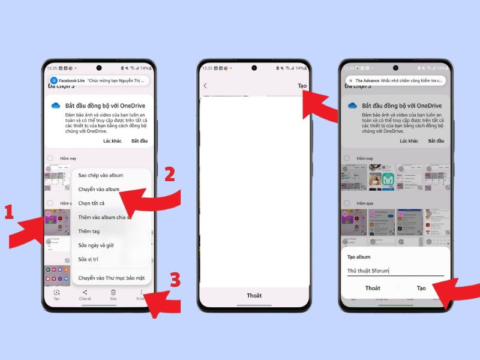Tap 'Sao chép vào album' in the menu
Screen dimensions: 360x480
(x=100, y=175)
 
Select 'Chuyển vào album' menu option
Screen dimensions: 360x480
(x=99, y=189)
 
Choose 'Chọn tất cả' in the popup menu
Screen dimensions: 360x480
(x=91, y=203)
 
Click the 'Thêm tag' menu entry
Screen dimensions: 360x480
(x=89, y=231)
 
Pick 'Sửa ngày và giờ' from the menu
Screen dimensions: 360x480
(x=96, y=245)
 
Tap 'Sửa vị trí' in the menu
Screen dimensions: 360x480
(x=89, y=259)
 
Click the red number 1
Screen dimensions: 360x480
(x=9, y=212)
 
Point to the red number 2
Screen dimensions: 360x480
(x=169, y=175)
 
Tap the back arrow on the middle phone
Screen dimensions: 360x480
(x=205, y=86)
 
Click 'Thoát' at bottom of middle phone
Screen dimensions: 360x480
(x=254, y=296)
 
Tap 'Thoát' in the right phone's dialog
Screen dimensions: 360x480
(x=373, y=288)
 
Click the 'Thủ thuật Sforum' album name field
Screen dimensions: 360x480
(x=395, y=271)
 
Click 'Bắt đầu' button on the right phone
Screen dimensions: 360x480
(x=436, y=140)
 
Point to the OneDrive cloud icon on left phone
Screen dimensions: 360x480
(x=56, y=106)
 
